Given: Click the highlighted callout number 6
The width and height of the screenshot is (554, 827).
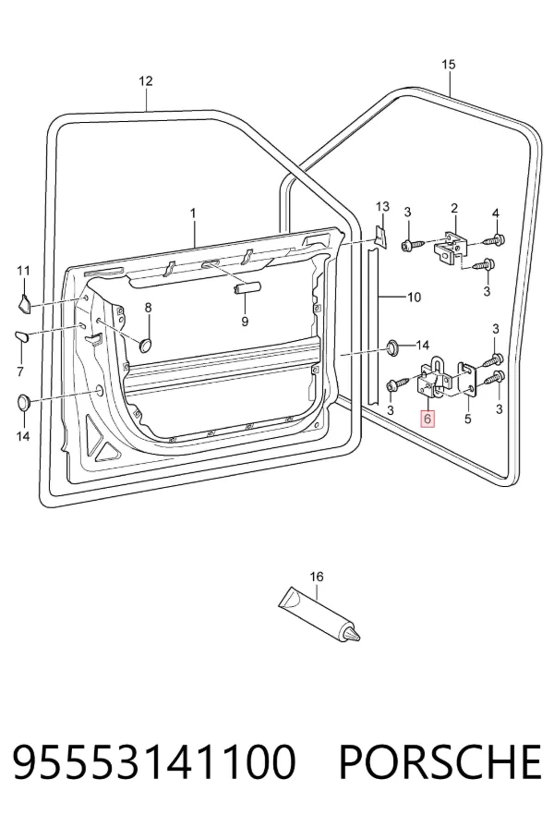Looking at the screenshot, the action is click(428, 419).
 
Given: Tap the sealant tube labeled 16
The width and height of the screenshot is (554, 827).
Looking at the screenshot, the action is click(319, 614).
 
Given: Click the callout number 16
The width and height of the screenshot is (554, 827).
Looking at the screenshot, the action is click(317, 577).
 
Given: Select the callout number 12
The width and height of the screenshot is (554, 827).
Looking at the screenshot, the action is click(146, 80).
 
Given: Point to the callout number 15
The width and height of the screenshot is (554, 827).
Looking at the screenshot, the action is click(448, 65).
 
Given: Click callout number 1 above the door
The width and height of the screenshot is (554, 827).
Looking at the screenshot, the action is click(193, 213).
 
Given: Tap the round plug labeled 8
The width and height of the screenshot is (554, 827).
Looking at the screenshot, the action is click(146, 345).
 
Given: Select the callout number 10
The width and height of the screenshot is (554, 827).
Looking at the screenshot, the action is click(415, 298).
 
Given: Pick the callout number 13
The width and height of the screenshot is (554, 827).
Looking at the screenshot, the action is click(382, 206).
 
